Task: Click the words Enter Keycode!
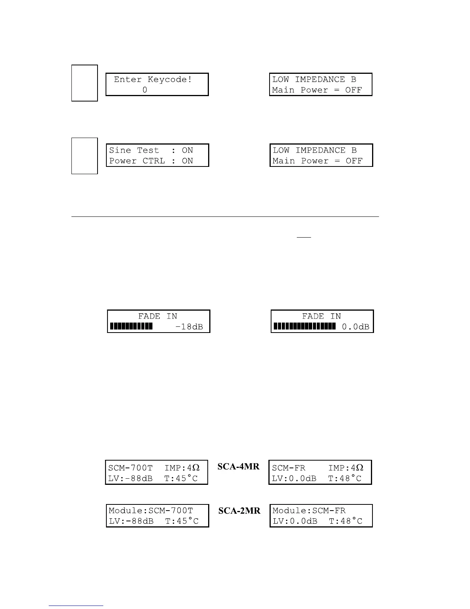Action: [153, 80]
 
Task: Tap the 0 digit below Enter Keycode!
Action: [145, 90]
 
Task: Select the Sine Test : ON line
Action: [151, 150]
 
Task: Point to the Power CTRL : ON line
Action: [151, 161]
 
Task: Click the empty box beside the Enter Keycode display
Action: [84, 83]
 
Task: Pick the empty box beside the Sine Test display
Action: [84, 156]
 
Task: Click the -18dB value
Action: [189, 327]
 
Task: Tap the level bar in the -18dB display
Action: [131, 327]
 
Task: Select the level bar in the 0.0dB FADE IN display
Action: [305, 327]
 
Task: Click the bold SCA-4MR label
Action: [238, 467]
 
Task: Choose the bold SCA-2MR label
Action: [239, 511]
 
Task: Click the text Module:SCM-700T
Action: [151, 511]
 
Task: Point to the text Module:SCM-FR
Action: [309, 511]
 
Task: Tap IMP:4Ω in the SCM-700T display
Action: [182, 468]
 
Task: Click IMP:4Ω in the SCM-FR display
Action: [346, 468]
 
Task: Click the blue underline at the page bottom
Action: [76, 606]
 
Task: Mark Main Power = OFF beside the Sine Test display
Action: [317, 161]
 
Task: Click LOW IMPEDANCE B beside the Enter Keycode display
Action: [314, 80]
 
